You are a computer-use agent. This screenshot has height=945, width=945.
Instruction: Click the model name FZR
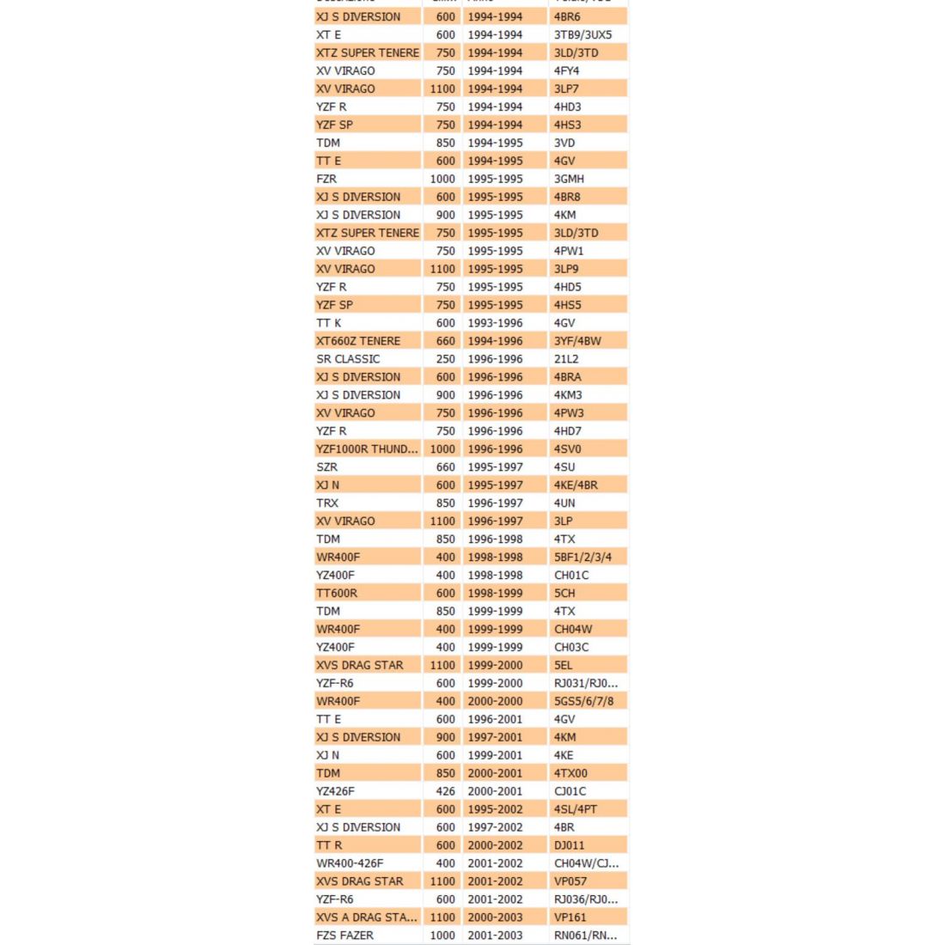point(326,179)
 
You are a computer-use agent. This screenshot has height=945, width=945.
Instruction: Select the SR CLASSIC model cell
point(348,359)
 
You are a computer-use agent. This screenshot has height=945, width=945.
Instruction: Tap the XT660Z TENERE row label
point(358,341)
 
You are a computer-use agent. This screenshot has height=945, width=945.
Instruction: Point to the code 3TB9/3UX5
point(583,35)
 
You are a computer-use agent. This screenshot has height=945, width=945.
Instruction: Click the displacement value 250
point(445,359)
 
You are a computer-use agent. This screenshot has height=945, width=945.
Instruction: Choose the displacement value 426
point(445,791)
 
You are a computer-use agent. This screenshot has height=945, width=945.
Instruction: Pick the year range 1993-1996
point(495,323)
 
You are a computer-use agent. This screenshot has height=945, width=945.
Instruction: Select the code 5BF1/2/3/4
point(583,557)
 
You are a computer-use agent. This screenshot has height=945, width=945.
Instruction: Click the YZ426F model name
point(335,791)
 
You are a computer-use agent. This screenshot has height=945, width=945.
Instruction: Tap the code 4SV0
point(568,448)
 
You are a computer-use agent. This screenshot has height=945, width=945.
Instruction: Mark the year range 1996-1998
point(495,539)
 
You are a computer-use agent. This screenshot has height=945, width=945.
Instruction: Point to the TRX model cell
point(327,503)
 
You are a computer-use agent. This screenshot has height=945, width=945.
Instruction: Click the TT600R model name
point(337,593)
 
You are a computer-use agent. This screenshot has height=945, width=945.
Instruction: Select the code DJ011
point(570,845)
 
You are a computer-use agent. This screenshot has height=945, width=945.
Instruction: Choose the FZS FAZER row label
point(345,936)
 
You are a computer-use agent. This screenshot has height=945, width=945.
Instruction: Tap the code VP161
point(570,918)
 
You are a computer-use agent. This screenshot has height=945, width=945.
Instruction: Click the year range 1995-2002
point(495,809)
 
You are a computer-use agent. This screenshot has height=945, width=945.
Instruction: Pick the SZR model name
point(327,467)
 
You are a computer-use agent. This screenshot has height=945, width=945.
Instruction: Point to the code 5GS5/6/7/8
point(584,701)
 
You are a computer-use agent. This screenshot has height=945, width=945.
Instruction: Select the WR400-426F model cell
point(350,863)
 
